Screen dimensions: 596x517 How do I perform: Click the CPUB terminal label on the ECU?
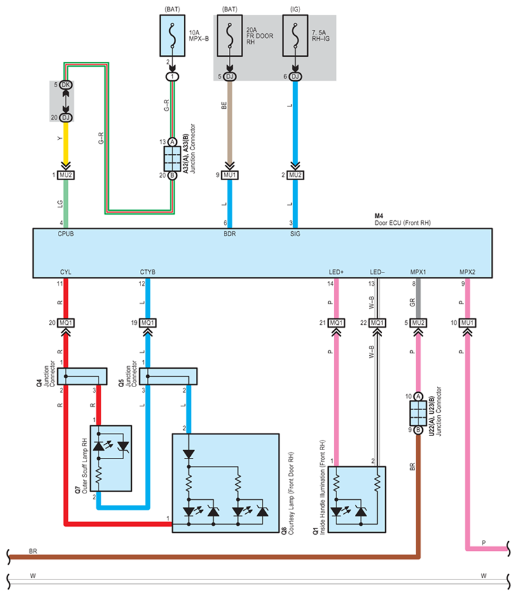66,234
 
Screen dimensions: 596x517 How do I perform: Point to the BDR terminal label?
230,234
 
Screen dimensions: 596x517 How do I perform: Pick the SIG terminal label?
295,234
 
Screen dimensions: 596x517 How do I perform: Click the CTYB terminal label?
147,273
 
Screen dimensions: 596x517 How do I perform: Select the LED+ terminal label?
335,273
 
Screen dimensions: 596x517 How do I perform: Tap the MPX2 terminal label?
467,273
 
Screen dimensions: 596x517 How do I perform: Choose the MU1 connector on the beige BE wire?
230,175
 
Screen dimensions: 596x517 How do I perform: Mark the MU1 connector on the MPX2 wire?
468,323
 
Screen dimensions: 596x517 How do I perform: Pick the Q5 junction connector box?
169,376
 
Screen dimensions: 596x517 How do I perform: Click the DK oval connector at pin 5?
65,85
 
